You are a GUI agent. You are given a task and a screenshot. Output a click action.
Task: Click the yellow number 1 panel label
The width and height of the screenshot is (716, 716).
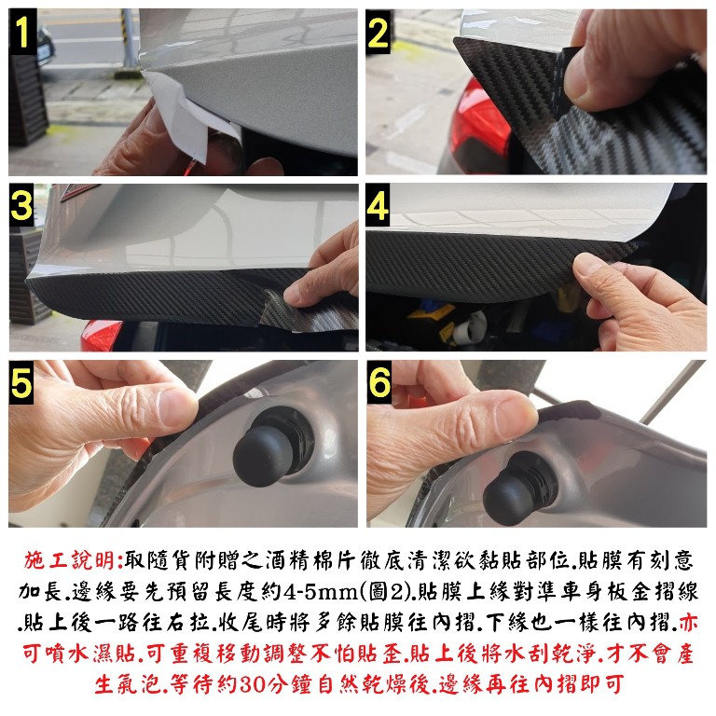pyautogui.click(x=21, y=32)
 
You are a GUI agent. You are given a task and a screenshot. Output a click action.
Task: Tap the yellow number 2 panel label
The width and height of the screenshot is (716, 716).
pyautogui.click(x=378, y=33)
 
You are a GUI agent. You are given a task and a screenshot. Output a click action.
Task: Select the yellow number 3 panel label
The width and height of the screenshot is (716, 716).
pyautogui.click(x=21, y=205)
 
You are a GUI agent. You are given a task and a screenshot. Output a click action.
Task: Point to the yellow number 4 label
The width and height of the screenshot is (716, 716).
pyautogui.click(x=378, y=205)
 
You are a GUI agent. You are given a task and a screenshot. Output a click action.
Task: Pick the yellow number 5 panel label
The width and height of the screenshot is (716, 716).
pyautogui.click(x=21, y=382)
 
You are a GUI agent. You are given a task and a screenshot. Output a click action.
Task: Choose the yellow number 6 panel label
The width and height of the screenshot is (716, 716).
pyautogui.click(x=379, y=382)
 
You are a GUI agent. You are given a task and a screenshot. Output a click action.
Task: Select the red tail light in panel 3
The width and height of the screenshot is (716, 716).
pyautogui.click(x=102, y=335)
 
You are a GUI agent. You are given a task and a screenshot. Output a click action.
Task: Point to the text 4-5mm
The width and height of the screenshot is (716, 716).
pyautogui.click(x=320, y=592)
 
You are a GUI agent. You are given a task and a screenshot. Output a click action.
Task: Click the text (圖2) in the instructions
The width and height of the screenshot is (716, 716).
pyautogui.click(x=383, y=592)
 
